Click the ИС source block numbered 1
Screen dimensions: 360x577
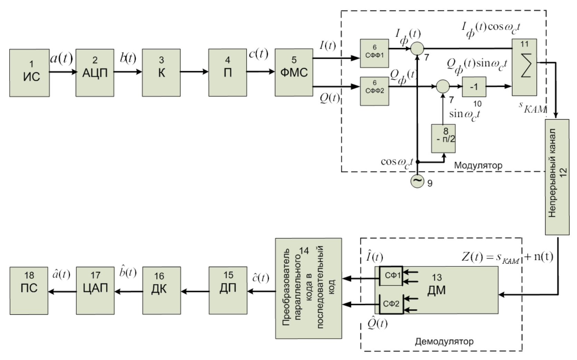(x=29, y=73)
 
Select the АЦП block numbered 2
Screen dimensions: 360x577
(x=95, y=73)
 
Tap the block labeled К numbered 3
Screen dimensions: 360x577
(x=161, y=73)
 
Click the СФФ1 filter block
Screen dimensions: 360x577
(x=374, y=53)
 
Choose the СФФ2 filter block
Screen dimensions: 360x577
(x=374, y=91)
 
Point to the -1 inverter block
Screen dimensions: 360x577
(x=474, y=87)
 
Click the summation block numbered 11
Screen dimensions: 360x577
(x=524, y=67)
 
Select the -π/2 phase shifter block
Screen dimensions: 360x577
(x=443, y=138)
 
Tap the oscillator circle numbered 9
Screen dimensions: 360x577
(x=417, y=181)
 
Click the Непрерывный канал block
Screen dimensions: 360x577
(x=557, y=177)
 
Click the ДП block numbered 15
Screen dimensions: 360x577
(x=228, y=290)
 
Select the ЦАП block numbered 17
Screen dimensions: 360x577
(x=95, y=291)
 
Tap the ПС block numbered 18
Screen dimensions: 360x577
(x=29, y=291)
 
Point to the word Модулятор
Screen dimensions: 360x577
(x=478, y=165)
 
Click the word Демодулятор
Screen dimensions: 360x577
(x=444, y=342)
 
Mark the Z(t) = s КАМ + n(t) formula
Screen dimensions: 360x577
(x=507, y=257)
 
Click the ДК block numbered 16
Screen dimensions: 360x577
(x=161, y=290)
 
